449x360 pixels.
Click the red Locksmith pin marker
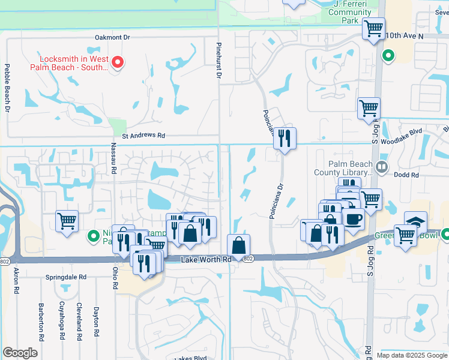click(118, 62)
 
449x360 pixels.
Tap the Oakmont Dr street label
click(112, 37)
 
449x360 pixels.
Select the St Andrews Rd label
click(143, 136)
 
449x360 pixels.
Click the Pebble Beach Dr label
click(7, 88)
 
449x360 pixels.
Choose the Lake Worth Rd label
click(206, 259)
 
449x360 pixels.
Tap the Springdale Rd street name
click(66, 278)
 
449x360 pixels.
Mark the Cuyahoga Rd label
click(62, 322)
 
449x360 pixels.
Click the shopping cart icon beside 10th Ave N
click(373, 28)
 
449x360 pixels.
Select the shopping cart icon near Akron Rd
click(67, 220)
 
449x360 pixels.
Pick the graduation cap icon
click(415, 221)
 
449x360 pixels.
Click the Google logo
click(20, 352)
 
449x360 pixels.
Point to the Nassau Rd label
click(113, 162)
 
